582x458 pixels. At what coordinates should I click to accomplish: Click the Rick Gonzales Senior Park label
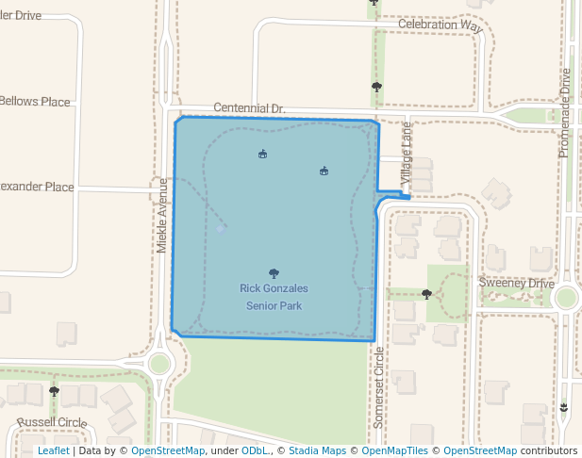pos(274,297)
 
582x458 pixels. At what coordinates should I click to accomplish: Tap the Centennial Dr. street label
pos(249,109)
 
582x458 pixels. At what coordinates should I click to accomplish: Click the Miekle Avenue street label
pos(162,215)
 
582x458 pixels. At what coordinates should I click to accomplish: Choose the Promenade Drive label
pos(565,113)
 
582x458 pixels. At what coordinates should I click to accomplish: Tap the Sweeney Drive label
pos(516,284)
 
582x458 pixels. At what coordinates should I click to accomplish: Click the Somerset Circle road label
pos(379,387)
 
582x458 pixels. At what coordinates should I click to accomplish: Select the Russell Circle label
pos(51,421)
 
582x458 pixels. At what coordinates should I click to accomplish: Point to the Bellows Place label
pos(35,102)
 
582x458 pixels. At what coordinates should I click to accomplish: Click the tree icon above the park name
pos(274,273)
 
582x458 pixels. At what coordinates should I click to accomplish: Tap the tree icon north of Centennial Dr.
pos(376,87)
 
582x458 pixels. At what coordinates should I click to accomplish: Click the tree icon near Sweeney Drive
pos(426,294)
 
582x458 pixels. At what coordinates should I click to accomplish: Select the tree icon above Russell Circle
pos(54,390)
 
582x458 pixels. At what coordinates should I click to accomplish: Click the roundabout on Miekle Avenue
pos(159,363)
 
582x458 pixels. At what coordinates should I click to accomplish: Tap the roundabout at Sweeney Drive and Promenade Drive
pos(566,298)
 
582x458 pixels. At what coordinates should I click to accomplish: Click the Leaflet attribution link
pos(53,450)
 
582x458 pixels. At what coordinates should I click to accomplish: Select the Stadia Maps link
pos(316,450)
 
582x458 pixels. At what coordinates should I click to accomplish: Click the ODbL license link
pos(254,450)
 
